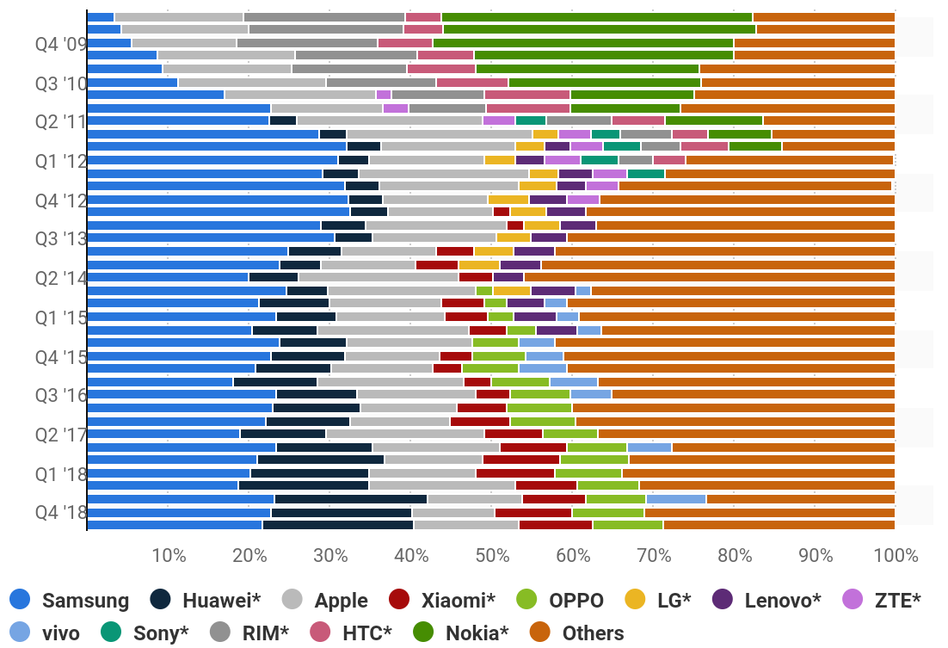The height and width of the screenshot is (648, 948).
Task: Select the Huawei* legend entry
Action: (206, 600)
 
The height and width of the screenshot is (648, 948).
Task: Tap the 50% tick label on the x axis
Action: (492, 554)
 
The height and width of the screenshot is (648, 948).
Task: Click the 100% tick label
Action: (895, 554)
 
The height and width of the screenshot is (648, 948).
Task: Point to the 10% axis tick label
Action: (169, 554)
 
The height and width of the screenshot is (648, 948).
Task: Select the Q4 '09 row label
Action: (60, 43)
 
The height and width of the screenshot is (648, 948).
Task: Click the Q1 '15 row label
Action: (60, 318)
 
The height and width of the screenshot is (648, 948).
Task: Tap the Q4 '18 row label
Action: (60, 512)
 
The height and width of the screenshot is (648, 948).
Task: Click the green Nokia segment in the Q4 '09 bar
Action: (582, 43)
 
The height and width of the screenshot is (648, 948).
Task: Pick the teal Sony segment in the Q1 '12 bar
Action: (599, 160)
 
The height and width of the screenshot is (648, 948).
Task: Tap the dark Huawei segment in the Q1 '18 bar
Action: (309, 473)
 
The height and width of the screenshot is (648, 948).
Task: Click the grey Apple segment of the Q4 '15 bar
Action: (391, 356)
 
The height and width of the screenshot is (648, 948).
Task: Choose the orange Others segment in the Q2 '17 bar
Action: (746, 434)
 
